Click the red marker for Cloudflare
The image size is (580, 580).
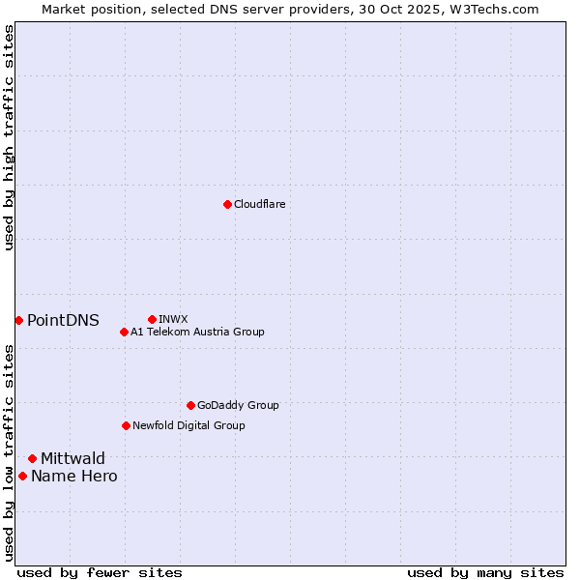pos(227,204)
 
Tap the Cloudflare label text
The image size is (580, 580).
pos(259,205)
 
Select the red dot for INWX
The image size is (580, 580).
pos(152,319)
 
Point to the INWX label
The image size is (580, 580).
pos(173,319)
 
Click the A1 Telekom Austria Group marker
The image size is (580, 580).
pos(124,332)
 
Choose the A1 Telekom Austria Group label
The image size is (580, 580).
pos(197,332)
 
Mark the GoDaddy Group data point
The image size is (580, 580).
pos(190,405)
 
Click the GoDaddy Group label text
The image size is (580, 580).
pos(238,406)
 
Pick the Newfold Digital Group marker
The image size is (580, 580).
pos(126,425)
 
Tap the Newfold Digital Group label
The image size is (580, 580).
pos(188,425)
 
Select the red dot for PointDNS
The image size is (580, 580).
pos(18,320)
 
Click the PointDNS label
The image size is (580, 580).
pos(63,321)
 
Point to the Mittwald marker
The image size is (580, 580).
pos(32,458)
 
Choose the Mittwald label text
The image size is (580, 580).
pos(72,459)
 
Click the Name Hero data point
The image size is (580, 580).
pos(22,476)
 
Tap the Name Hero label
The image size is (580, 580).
pos(73,477)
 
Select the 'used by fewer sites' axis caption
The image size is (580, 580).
pos(100,572)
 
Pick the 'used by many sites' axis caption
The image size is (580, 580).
pos(485,572)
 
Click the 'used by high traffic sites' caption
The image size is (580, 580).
pos(9,137)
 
